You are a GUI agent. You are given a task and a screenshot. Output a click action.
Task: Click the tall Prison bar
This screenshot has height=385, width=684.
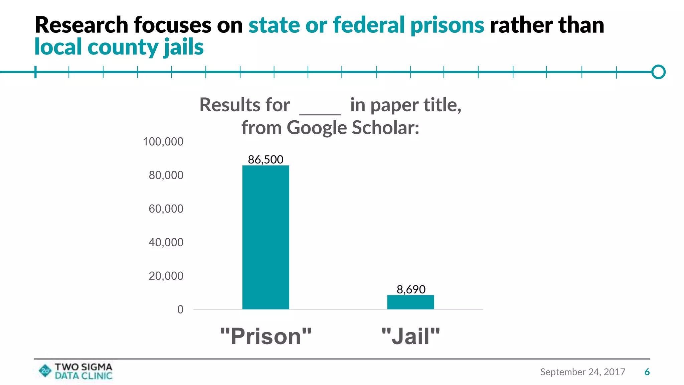(x=266, y=237)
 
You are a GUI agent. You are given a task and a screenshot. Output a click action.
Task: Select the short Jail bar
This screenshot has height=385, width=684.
(x=410, y=302)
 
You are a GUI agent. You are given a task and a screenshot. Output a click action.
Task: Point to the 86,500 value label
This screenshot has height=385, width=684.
(x=266, y=159)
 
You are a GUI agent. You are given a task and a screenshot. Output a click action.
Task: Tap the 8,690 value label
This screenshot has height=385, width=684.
(x=411, y=289)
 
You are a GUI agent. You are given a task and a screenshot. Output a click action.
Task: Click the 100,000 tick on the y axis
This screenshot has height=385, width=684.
(x=163, y=142)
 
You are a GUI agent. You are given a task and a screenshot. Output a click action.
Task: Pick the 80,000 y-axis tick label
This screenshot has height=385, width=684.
(x=166, y=175)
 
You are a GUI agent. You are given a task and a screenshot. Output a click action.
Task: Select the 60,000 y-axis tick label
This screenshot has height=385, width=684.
(x=166, y=209)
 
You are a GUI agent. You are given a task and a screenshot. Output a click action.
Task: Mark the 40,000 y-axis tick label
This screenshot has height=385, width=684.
(x=166, y=242)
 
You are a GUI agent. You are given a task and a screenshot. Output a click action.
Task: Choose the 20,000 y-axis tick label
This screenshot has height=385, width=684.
(x=166, y=276)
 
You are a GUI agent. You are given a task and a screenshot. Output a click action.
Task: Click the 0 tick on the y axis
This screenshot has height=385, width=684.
(x=180, y=309)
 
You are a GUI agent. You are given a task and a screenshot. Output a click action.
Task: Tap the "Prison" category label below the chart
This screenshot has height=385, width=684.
(x=266, y=336)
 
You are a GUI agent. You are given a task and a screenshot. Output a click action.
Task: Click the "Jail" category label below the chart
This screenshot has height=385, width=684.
(x=411, y=336)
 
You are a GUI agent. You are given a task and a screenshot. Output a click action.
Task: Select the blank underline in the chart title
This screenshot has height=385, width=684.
(x=320, y=114)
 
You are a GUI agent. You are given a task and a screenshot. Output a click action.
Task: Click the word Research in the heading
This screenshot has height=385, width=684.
(x=81, y=25)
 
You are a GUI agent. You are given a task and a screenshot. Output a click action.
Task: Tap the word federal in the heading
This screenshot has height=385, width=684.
(x=369, y=25)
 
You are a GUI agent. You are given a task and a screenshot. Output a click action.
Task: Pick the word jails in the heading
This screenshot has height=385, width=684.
(x=184, y=47)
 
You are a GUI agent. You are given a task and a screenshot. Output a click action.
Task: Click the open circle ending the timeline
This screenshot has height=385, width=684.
(x=658, y=72)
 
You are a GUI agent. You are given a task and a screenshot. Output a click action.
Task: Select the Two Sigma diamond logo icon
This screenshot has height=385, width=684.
(x=45, y=371)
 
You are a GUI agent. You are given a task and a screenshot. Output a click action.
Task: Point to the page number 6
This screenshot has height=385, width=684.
(x=647, y=372)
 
